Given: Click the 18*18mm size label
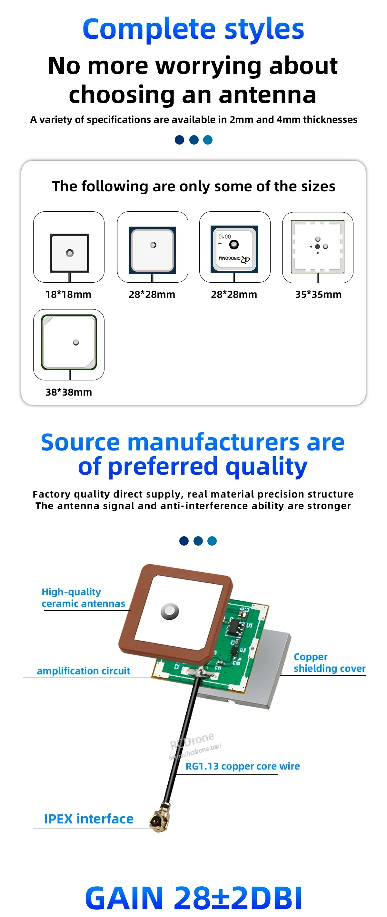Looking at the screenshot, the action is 68,294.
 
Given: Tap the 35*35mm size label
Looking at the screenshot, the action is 318,294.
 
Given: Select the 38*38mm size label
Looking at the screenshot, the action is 69,392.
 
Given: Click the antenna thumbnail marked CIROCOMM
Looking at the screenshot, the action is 235,249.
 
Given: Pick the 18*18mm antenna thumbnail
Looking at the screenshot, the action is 69,253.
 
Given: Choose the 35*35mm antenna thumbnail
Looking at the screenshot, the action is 318,246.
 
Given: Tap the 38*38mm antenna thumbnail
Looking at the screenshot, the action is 69,342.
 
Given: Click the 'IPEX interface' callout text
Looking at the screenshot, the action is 89,819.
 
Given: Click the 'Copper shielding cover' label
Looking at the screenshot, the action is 330,662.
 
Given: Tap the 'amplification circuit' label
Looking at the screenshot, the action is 84,671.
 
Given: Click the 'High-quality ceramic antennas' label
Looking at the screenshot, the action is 83,598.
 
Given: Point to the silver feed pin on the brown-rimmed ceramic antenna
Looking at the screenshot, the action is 170,611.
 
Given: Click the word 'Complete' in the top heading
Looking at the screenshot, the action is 149,29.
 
